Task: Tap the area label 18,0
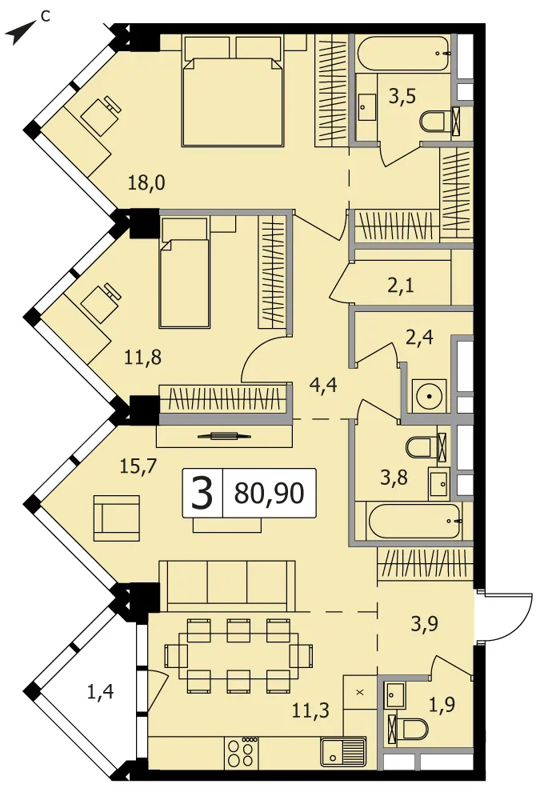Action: (x=146, y=182)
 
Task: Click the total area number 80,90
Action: (x=269, y=493)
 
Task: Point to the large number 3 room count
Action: (x=202, y=493)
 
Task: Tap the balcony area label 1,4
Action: (x=101, y=692)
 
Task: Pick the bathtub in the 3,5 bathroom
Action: (x=403, y=53)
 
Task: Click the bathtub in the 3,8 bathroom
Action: (x=414, y=521)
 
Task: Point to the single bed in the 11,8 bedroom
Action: (x=185, y=272)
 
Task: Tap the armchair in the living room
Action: (x=116, y=518)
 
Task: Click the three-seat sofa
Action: (x=227, y=585)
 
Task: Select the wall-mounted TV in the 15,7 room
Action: (x=221, y=436)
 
